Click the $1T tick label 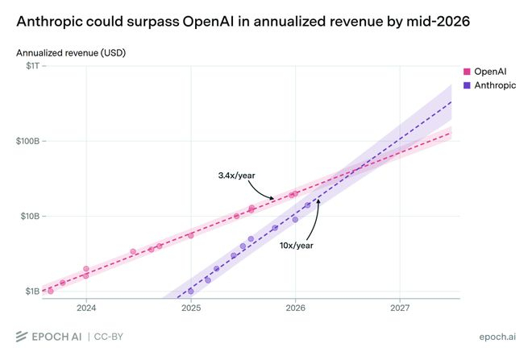(x=32, y=65)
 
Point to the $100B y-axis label (x=28, y=141)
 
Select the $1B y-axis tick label (x=32, y=292)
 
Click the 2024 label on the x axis (x=86, y=308)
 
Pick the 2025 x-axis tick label (x=191, y=308)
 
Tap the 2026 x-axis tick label (x=296, y=308)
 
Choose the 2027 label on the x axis (x=400, y=308)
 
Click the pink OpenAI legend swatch (x=468, y=72)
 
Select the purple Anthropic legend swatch (x=468, y=85)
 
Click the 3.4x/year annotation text (x=236, y=176)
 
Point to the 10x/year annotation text (x=296, y=246)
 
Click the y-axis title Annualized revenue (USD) (x=71, y=53)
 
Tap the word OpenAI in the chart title (x=208, y=22)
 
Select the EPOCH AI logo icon (x=22, y=337)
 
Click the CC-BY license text (x=109, y=337)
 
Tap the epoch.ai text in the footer (x=497, y=337)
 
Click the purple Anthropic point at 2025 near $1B (x=191, y=292)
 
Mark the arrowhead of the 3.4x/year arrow (x=272, y=198)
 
